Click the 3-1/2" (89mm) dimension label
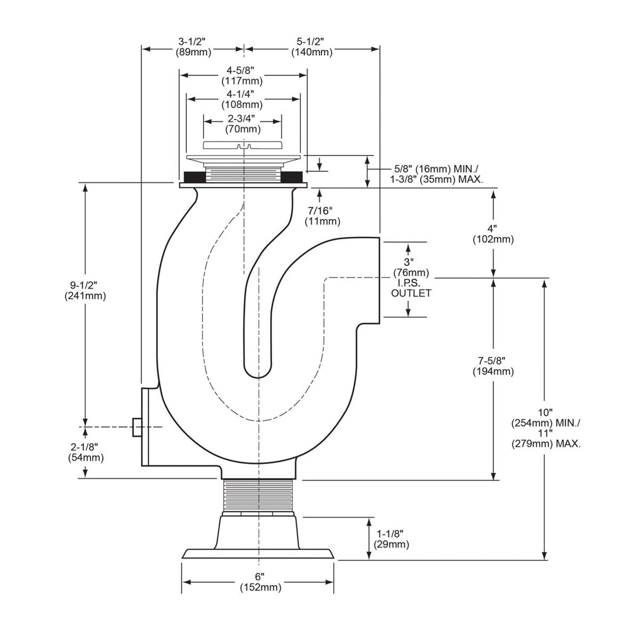point(193,47)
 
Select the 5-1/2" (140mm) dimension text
point(312,47)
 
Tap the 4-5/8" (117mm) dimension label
point(242,75)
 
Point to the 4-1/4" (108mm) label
point(242,99)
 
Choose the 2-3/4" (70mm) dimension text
point(243,124)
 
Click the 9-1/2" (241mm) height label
point(85,291)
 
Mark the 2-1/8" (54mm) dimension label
point(86,453)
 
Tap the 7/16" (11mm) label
point(322,216)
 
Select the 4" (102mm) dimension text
point(493,234)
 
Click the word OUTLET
point(411,294)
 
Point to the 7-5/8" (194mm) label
point(493,366)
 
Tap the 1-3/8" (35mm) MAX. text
point(436,180)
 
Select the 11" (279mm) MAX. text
point(546,438)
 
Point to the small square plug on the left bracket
point(137,427)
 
